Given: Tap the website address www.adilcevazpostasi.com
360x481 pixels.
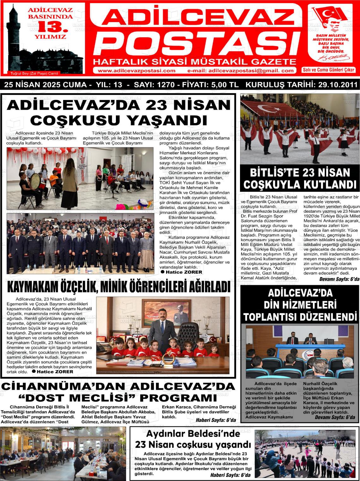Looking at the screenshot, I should point(136,71).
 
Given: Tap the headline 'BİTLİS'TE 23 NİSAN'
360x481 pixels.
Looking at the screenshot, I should point(300,173).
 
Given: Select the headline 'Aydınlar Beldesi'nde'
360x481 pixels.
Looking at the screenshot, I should point(193,434).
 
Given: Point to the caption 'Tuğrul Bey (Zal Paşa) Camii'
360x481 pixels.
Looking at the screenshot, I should point(35,73).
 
